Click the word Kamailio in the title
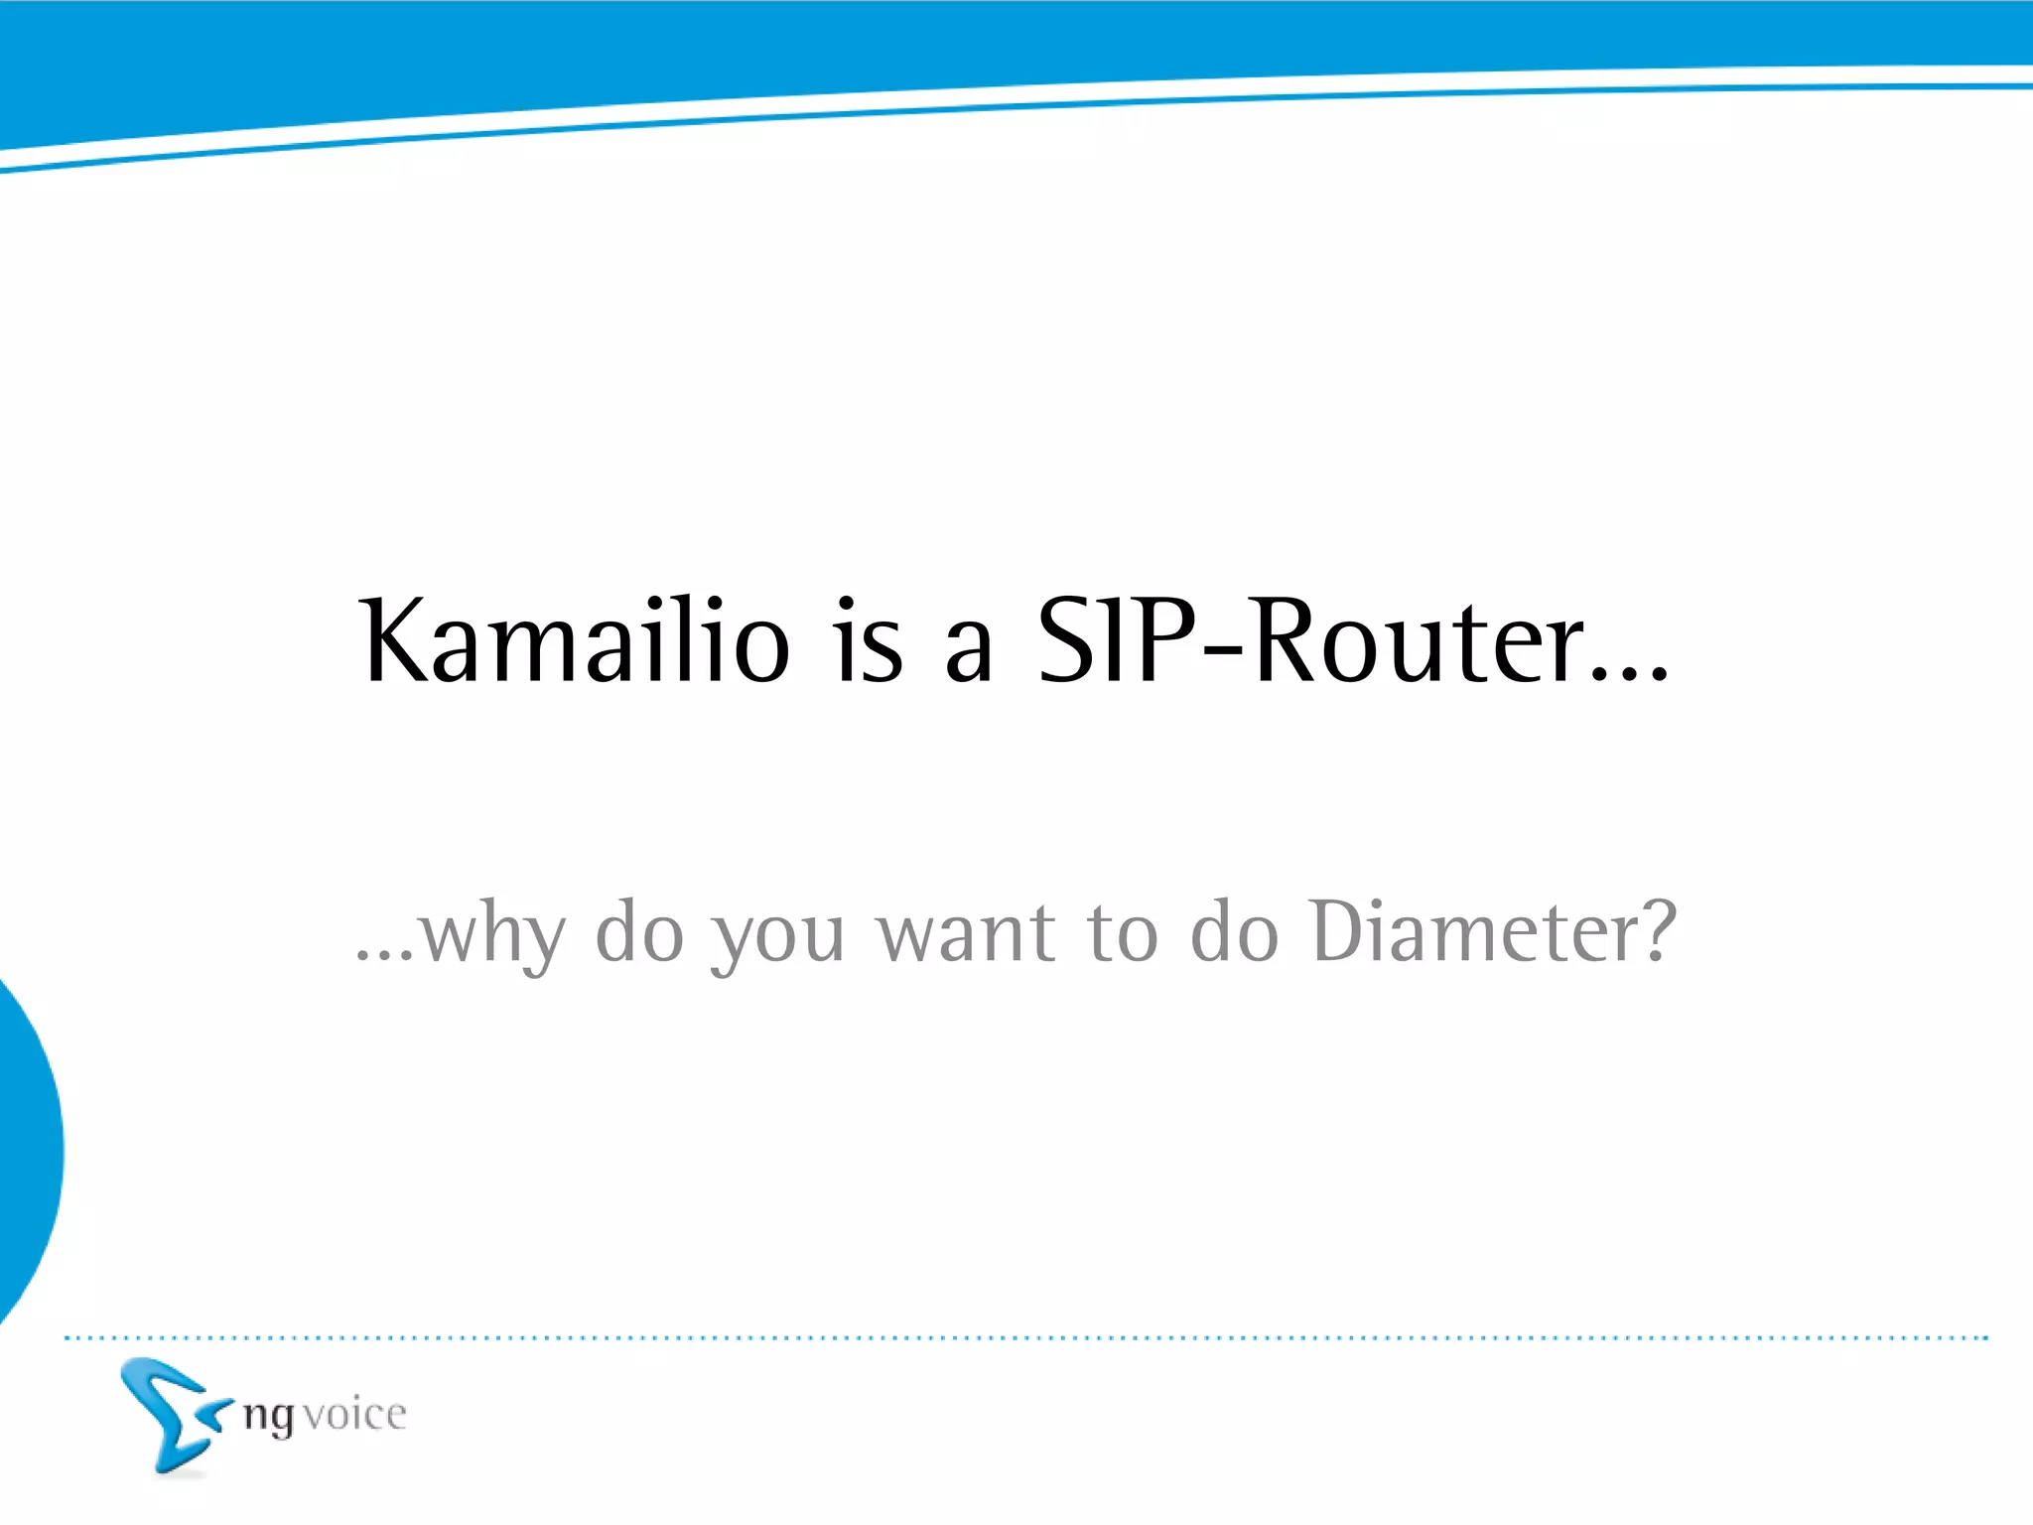576,642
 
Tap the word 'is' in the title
870,642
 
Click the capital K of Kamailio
397,642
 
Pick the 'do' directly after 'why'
639,933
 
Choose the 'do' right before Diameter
1234,933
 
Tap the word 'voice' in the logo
354,1415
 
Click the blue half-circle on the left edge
25,1152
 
